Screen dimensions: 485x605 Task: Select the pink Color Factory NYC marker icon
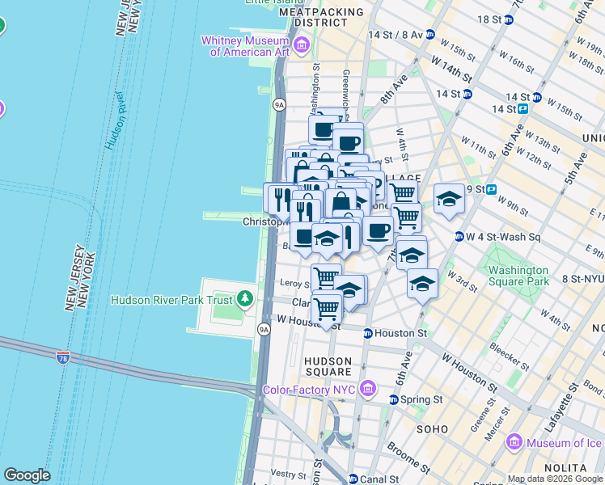click(x=369, y=390)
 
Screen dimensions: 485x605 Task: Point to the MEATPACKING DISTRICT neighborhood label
click(x=314, y=18)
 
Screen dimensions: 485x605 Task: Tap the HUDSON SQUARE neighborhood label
click(x=328, y=366)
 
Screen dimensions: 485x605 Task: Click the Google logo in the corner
click(x=27, y=475)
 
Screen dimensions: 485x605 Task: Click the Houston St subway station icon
click(x=367, y=333)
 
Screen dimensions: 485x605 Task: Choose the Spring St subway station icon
click(x=394, y=399)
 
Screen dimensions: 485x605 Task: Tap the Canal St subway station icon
click(x=353, y=479)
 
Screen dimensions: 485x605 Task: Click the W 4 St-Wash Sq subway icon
click(x=459, y=237)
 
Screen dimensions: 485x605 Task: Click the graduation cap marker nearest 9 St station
click(x=449, y=199)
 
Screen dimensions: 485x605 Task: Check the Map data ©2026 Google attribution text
click(x=555, y=479)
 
